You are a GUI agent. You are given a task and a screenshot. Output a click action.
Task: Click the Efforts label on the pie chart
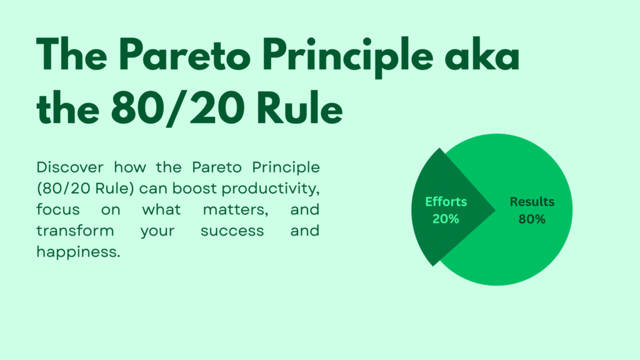point(446,202)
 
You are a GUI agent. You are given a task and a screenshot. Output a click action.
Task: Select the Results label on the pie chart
point(532,202)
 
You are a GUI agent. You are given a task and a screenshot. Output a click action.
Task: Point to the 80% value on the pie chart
point(532,219)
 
